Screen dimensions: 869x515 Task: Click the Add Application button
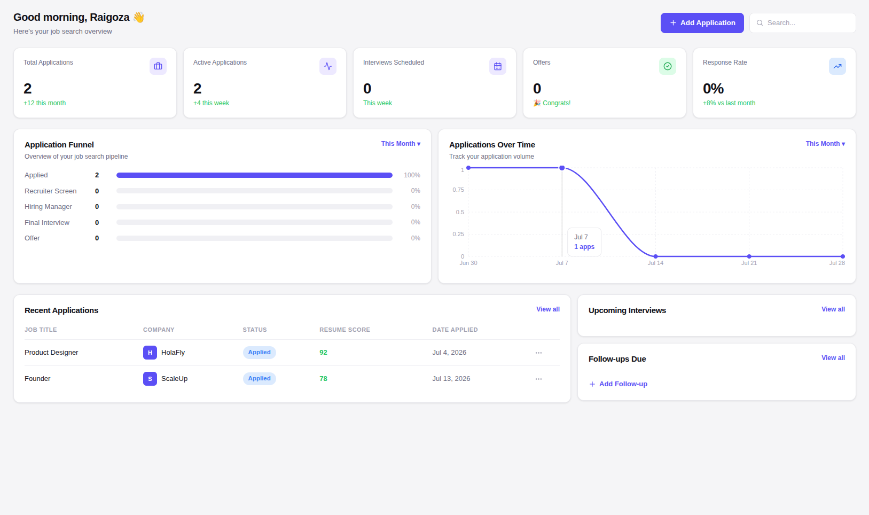(x=702, y=23)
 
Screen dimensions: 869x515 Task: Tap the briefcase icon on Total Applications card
(x=158, y=66)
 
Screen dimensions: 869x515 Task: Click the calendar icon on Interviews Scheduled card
(x=498, y=66)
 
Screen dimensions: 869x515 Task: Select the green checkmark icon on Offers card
(x=667, y=66)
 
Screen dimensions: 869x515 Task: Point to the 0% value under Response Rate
(x=713, y=89)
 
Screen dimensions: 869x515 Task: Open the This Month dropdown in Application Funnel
(x=401, y=144)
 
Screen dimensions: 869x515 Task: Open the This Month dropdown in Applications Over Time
(x=825, y=144)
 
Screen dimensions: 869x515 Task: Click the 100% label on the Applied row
(x=412, y=175)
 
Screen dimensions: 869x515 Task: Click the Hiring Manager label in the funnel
(x=48, y=206)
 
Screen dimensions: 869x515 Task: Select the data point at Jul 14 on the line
(x=656, y=256)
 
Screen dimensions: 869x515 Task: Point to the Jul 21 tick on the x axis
(x=749, y=263)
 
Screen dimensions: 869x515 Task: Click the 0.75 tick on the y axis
(x=458, y=190)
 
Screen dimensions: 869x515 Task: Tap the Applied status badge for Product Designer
(x=260, y=353)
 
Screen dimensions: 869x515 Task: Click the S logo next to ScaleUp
(x=150, y=379)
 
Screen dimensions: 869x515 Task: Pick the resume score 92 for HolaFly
(x=323, y=353)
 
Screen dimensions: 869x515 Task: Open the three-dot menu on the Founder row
(x=538, y=379)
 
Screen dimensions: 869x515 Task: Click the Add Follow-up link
(x=618, y=384)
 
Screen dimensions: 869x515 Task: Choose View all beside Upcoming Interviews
(x=833, y=309)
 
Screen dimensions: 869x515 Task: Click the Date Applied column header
(x=455, y=330)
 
